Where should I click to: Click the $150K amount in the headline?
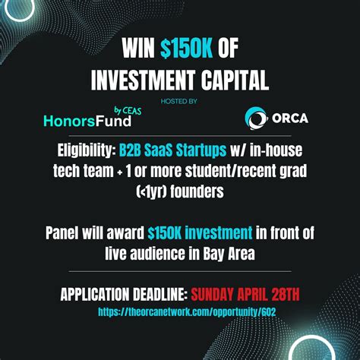click(186, 48)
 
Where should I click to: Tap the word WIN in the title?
click(138, 48)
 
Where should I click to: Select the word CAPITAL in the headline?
click(235, 80)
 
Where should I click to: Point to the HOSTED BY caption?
click(179, 102)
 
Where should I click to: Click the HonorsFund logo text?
click(87, 121)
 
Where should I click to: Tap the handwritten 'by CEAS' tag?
click(128, 110)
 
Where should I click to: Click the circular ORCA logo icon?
click(256, 118)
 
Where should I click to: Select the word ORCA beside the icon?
click(290, 118)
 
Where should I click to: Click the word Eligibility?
click(85, 150)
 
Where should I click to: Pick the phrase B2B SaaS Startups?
click(172, 150)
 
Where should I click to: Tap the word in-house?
click(276, 150)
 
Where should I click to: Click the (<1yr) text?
click(152, 191)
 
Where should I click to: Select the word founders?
click(197, 191)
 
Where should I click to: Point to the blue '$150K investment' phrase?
click(200, 233)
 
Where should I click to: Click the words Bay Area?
click(229, 254)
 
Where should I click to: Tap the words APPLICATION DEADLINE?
click(124, 294)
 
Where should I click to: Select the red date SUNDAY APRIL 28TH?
click(245, 294)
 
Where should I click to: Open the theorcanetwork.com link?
click(187, 312)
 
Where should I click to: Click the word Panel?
click(62, 233)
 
